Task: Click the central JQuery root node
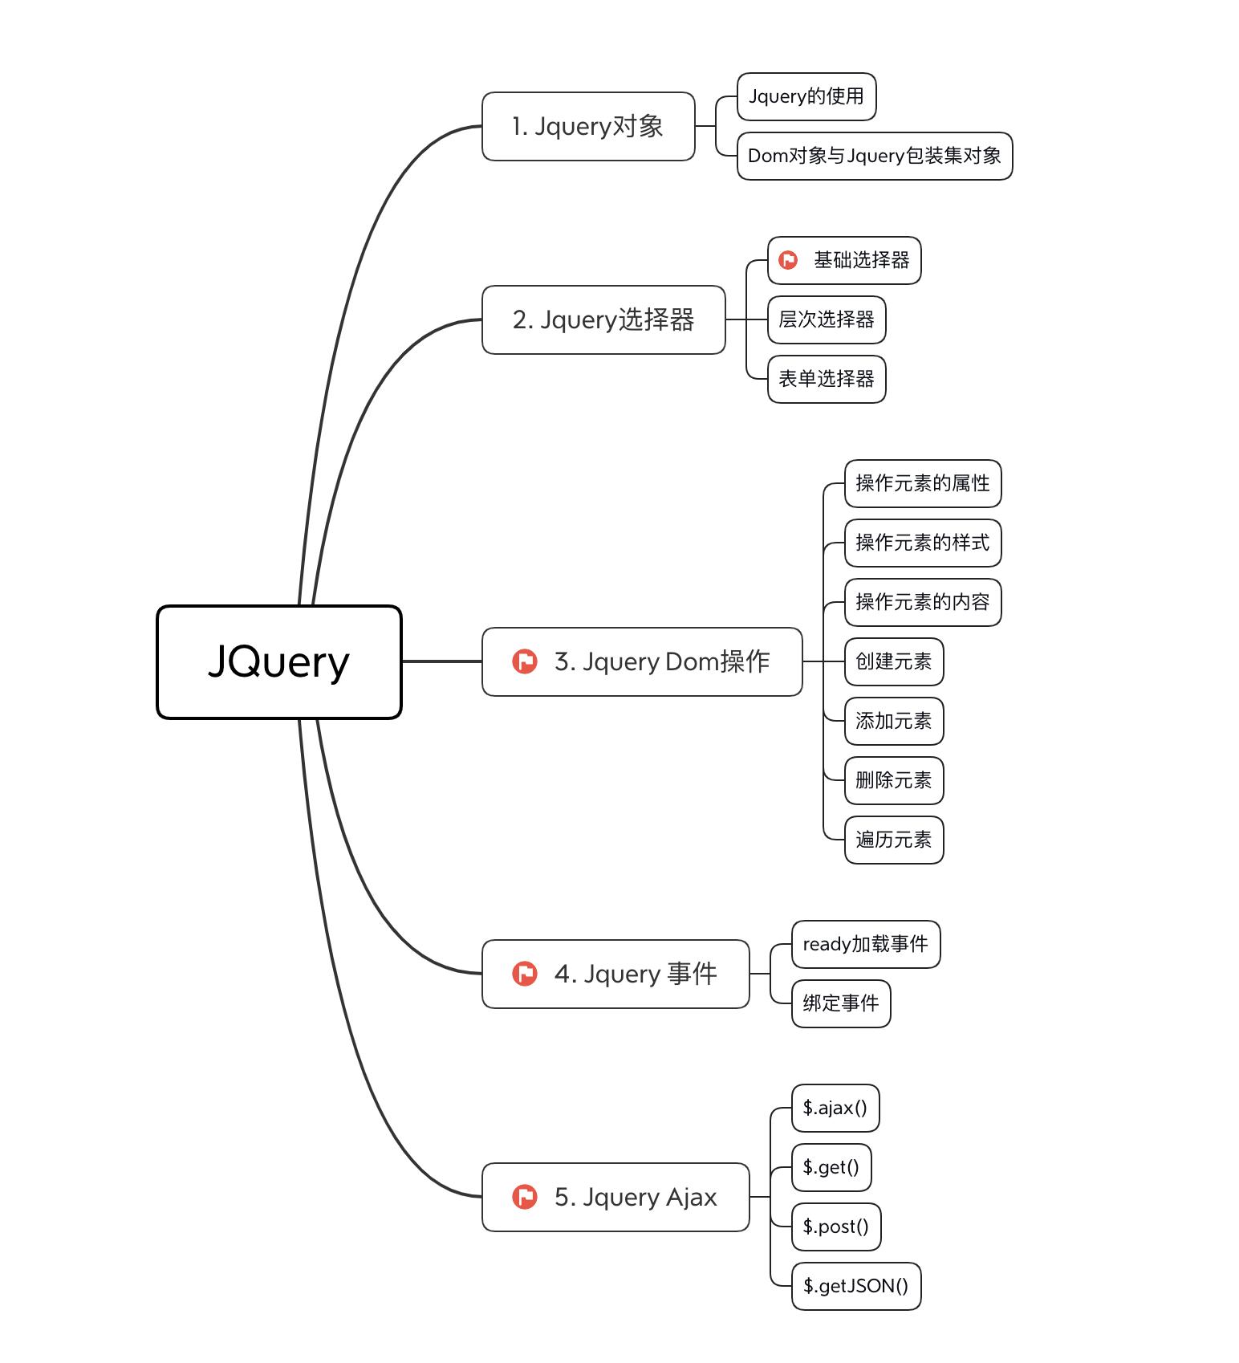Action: click(278, 661)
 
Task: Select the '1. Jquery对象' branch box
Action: click(587, 126)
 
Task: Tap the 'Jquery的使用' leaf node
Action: click(806, 96)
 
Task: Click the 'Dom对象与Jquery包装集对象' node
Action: click(874, 156)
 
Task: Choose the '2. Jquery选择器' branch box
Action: click(603, 319)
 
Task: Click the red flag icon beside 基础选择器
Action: click(788, 260)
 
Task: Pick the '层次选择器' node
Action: click(826, 319)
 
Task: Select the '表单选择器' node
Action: click(826, 379)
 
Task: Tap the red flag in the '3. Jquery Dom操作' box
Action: click(525, 661)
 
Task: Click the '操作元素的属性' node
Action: click(922, 483)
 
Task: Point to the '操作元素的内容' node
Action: click(922, 602)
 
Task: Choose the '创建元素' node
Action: click(893, 661)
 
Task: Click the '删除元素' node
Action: click(893, 780)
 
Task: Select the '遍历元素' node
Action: click(893, 840)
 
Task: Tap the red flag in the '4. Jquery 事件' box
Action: click(525, 974)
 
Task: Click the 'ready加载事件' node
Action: click(865, 944)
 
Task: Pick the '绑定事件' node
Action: click(840, 1003)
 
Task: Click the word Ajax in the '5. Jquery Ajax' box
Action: click(691, 1197)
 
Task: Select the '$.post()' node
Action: click(835, 1227)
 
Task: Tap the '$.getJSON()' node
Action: click(855, 1286)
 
